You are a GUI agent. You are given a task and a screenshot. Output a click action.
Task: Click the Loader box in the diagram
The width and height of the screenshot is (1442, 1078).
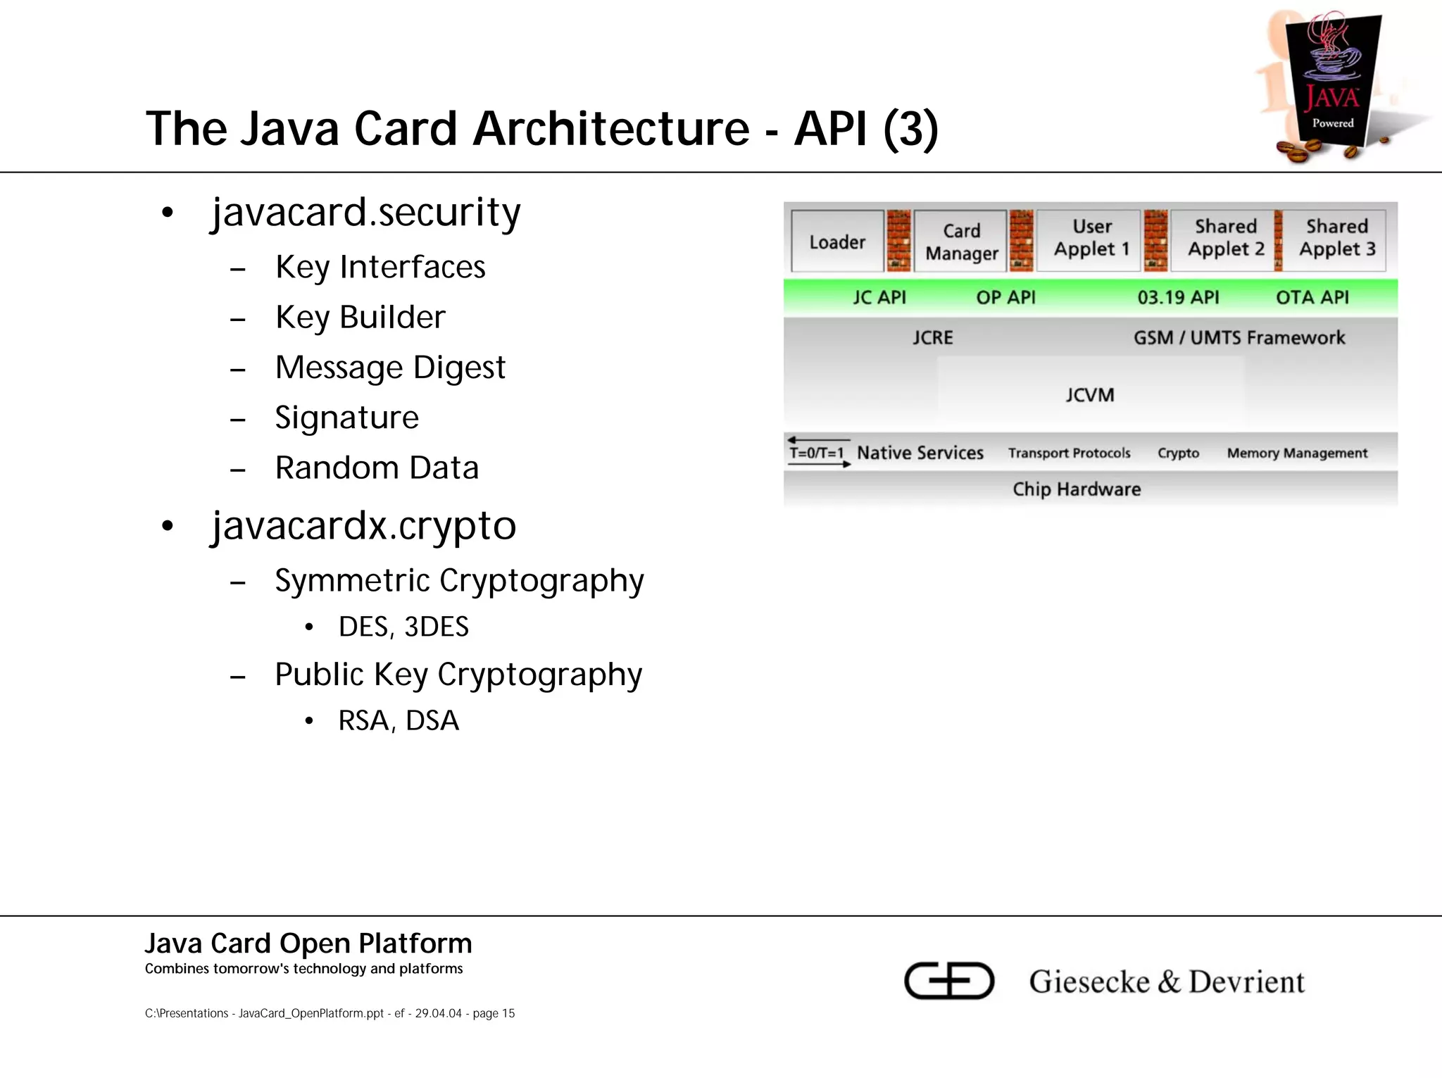(837, 242)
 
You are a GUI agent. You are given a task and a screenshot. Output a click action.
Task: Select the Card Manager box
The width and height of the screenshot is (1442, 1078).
(961, 242)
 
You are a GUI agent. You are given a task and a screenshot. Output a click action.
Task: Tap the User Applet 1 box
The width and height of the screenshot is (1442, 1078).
(1091, 239)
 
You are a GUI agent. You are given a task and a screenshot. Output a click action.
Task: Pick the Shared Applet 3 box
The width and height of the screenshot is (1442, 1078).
(1336, 239)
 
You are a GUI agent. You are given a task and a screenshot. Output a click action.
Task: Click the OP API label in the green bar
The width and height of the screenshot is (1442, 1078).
(1005, 298)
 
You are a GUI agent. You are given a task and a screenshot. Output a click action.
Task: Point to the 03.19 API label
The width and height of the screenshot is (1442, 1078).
(1178, 298)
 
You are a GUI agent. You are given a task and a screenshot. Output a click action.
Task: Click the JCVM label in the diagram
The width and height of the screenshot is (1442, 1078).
(1089, 395)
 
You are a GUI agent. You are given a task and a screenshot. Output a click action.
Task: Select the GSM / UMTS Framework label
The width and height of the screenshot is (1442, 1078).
(1239, 338)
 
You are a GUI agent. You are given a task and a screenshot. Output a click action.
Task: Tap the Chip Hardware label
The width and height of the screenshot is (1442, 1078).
(1077, 489)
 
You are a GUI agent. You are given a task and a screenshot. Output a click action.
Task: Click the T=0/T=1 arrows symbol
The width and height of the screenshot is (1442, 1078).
(818, 452)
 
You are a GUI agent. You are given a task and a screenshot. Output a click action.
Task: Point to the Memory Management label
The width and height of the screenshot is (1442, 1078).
(1297, 453)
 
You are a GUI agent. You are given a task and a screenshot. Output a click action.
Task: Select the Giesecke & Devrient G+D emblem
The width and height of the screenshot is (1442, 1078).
(949, 980)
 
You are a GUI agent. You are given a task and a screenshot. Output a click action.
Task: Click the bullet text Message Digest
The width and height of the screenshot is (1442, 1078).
(390, 368)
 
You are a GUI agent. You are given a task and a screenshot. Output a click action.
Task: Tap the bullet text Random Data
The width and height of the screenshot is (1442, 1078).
(377, 468)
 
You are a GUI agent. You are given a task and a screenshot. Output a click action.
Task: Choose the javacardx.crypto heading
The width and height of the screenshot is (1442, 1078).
(364, 526)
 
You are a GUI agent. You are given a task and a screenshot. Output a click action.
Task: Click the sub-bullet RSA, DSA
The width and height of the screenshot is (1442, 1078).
(399, 721)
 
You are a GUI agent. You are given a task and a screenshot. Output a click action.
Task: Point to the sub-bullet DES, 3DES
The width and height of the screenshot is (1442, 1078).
(403, 627)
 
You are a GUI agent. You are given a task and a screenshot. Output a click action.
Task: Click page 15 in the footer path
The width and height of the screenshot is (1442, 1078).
(494, 1013)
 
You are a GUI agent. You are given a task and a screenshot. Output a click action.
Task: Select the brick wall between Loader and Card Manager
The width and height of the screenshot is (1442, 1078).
(898, 241)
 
